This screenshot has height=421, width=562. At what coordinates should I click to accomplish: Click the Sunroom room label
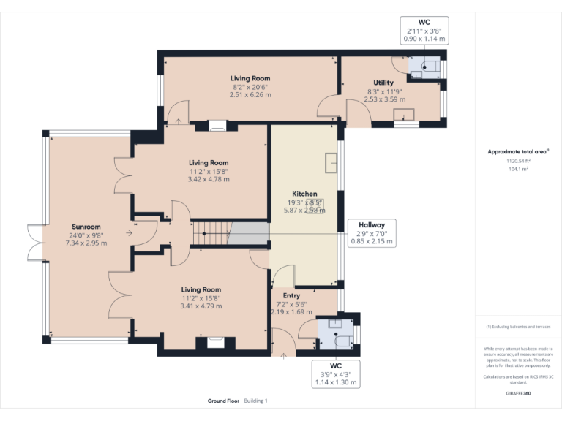86,227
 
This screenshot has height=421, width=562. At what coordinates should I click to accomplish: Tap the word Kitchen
304,194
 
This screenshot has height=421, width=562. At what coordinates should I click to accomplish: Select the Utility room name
383,83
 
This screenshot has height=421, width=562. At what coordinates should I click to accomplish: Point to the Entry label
292,295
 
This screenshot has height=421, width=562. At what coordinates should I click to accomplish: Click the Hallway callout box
372,232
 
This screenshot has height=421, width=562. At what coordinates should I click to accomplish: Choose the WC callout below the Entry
337,373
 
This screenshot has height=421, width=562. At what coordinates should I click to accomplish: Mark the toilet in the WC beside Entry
340,338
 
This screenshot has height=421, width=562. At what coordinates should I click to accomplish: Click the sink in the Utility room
403,113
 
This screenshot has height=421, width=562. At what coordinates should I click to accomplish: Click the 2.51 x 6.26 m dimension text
250,95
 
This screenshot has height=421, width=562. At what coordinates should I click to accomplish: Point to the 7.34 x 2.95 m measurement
86,243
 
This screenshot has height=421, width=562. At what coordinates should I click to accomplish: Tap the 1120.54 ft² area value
518,160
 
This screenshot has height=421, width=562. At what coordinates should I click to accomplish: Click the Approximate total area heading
517,152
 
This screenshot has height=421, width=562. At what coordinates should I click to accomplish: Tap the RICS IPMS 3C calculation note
517,379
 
